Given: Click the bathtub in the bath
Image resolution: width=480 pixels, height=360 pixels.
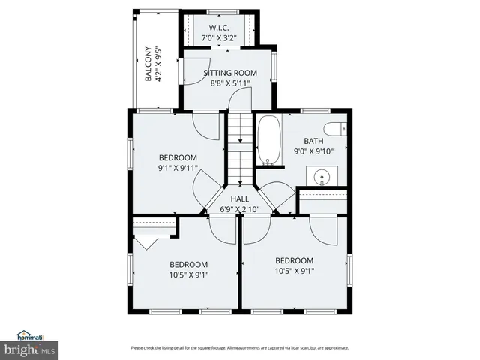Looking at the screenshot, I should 268,140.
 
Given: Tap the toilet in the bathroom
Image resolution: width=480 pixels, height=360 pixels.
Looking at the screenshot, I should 338,129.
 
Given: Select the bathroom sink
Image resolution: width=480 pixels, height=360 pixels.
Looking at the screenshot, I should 322,178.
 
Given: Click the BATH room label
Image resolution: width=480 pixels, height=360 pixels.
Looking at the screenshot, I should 313,142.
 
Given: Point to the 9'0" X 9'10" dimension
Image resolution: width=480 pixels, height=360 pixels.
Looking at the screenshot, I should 313,151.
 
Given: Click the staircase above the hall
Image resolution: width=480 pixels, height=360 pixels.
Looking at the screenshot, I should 239,145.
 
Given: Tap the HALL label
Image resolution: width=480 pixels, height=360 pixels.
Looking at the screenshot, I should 239,199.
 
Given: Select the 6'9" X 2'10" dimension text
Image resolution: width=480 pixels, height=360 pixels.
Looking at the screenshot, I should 239,209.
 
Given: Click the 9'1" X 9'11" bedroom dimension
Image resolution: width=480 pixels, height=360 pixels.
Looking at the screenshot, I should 178,168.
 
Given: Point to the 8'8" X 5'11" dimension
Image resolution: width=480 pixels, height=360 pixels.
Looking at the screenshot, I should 231,83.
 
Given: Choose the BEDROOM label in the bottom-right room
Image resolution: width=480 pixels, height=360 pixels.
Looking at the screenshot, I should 293,260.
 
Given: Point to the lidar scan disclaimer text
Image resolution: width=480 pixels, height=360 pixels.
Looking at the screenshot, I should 239,347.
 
